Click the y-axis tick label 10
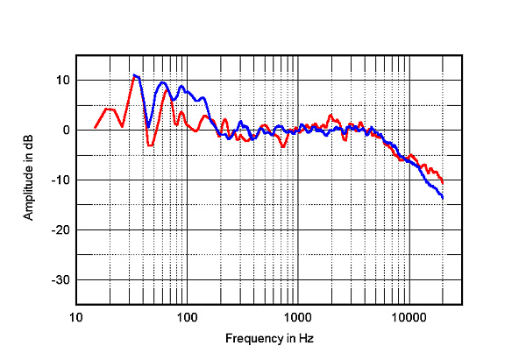tap(63, 81)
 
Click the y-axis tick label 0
tap(66, 131)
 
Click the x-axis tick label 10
tap(76, 316)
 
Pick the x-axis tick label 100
tap(187, 316)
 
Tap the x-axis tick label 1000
tap(298, 316)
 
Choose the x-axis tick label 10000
tap(409, 316)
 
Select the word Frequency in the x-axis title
tap(251, 338)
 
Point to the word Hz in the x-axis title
tap(305, 338)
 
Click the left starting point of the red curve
tap(96, 128)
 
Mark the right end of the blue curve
tap(443, 199)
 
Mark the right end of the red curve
tap(443, 182)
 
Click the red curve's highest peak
tap(134, 75)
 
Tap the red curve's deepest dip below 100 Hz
tap(150, 145)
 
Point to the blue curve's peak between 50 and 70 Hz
tap(163, 82)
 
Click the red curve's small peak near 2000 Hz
tap(331, 115)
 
